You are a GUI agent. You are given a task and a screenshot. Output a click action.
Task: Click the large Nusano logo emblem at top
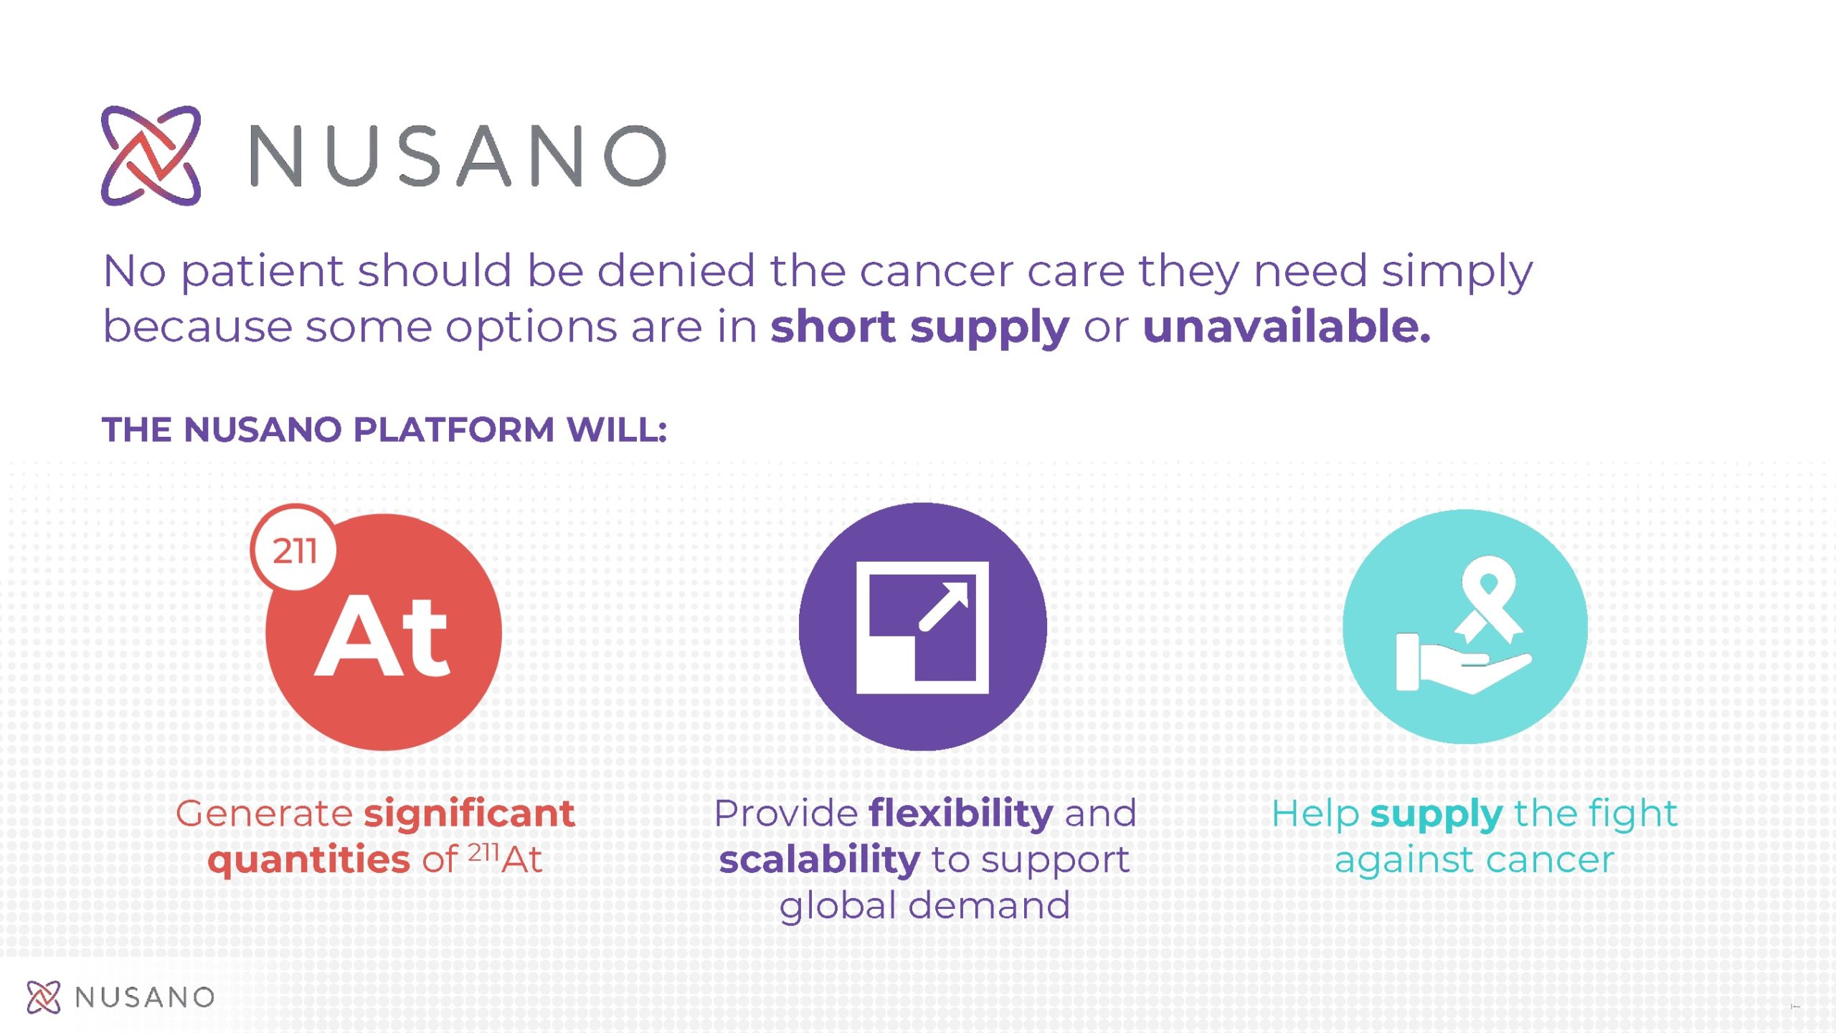151,156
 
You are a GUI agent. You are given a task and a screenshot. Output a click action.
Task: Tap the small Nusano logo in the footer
44,997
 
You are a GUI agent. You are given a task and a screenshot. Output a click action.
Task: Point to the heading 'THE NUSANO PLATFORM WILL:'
384,430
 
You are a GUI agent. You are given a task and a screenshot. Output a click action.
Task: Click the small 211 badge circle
294,549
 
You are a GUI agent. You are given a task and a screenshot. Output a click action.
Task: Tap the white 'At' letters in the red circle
382,636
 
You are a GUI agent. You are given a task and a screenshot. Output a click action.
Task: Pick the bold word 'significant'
470,814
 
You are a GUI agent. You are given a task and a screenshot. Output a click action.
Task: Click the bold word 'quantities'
309,859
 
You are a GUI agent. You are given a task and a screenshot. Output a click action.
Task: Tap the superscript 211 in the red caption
484,852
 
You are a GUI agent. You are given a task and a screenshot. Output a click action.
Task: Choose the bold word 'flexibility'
961,814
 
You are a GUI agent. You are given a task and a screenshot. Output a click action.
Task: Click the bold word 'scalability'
820,860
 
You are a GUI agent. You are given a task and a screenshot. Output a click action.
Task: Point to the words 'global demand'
925,905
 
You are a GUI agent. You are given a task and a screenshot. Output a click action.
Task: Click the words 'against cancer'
1475,860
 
